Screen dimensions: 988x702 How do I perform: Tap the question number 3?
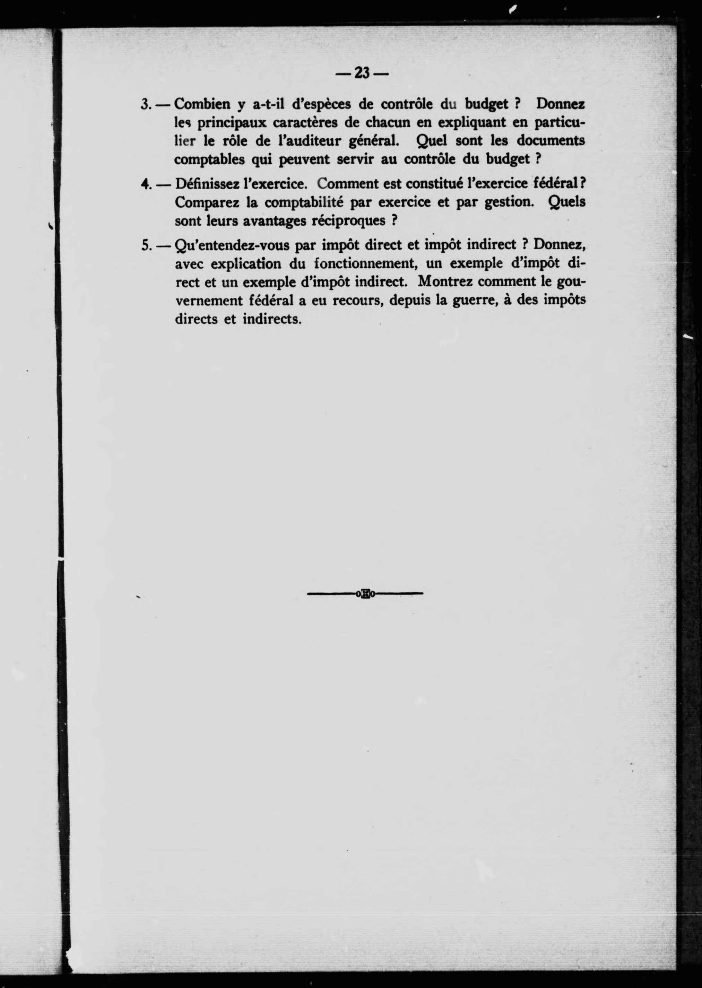(145, 105)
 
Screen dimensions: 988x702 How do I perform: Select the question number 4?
(145, 184)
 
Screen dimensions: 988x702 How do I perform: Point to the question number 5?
(145, 245)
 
